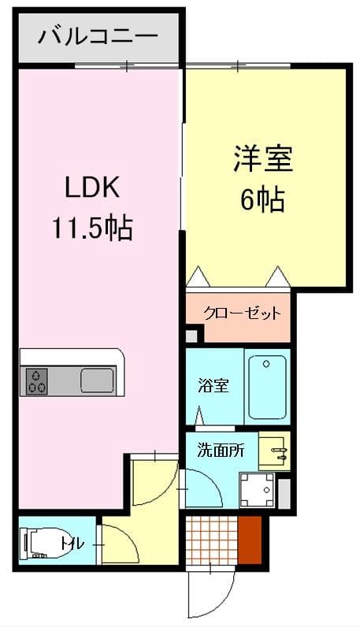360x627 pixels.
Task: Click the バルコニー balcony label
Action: (x=99, y=37)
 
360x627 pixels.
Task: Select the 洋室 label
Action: (x=262, y=159)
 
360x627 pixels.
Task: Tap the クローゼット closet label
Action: (x=242, y=314)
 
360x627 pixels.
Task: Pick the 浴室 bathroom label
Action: (x=213, y=387)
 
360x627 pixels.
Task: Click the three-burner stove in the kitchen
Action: (x=37, y=380)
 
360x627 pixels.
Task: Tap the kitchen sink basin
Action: (x=98, y=380)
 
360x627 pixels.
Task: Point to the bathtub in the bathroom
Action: (x=266, y=386)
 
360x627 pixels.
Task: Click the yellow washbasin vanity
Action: (x=274, y=452)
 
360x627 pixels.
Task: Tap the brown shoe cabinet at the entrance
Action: (x=250, y=539)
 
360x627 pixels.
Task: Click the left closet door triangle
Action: (x=198, y=276)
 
